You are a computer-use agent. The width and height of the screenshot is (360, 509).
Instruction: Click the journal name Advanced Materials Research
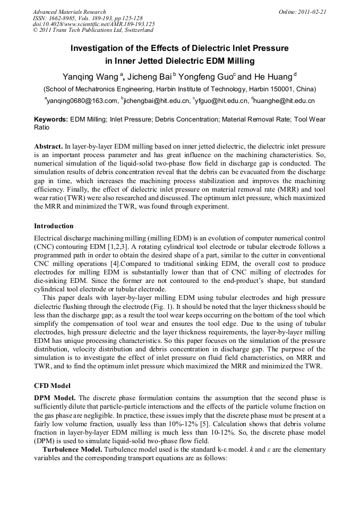click(x=69, y=12)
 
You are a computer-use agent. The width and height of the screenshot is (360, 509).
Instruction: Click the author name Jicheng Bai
click(x=154, y=76)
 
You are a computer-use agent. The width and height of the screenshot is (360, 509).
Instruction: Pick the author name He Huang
click(x=273, y=76)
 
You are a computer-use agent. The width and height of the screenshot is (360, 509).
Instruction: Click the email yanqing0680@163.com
click(x=82, y=100)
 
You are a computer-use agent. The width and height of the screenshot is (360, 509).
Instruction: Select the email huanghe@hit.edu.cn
click(x=285, y=100)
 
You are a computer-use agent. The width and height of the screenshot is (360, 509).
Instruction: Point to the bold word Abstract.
click(x=48, y=145)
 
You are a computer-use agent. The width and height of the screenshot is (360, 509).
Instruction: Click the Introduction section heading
click(x=54, y=226)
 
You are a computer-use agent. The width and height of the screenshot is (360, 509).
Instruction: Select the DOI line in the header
click(x=93, y=24)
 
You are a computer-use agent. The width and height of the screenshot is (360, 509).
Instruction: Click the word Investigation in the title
click(x=96, y=48)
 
